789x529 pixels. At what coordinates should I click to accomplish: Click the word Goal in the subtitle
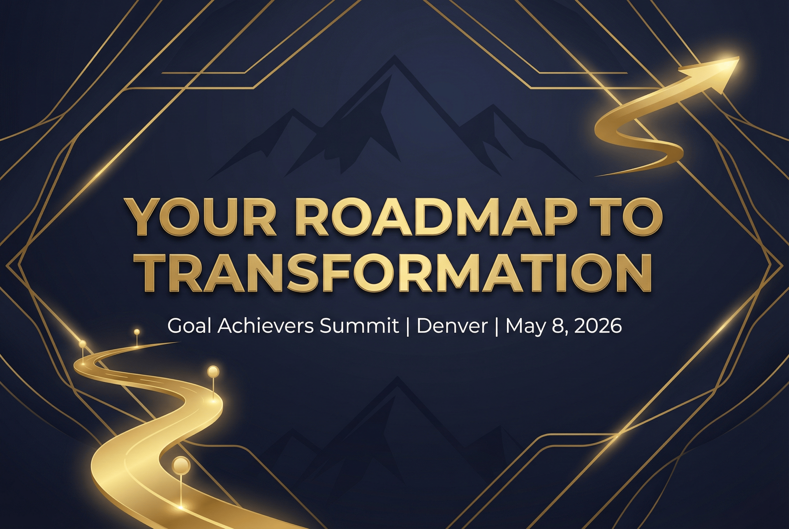189,326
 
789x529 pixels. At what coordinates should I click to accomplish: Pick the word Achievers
265,326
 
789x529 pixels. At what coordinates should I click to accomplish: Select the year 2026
597,326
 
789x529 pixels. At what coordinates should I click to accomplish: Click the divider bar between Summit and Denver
408,327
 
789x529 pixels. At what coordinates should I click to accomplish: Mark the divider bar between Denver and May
496,327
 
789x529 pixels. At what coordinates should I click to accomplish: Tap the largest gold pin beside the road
181,466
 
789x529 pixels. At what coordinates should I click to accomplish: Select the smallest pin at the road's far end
137,332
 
